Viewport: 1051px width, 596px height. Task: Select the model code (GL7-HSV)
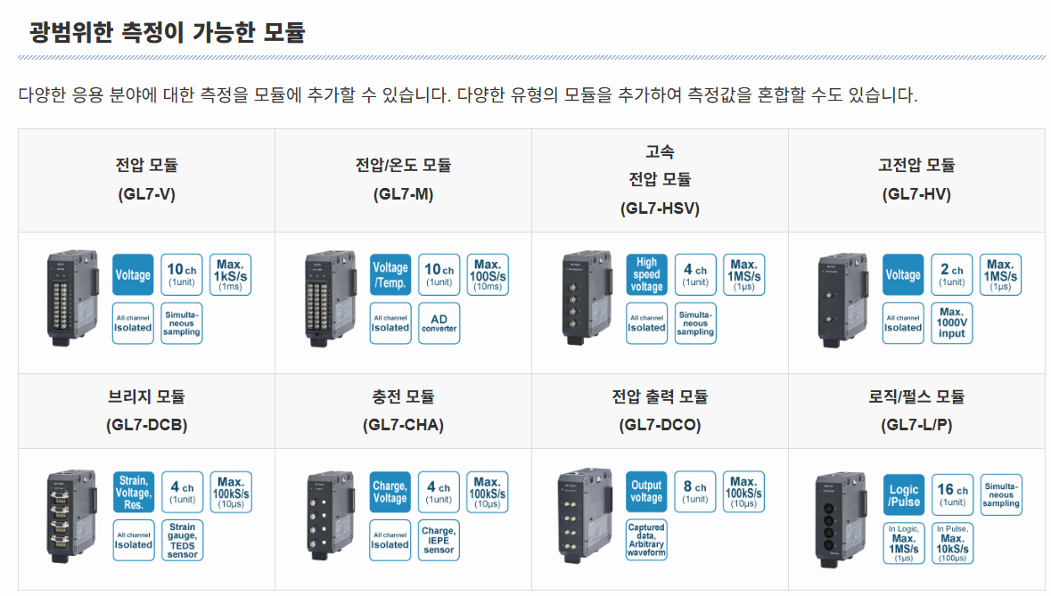pyautogui.click(x=660, y=208)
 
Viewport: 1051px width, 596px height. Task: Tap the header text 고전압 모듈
pyautogui.click(x=916, y=165)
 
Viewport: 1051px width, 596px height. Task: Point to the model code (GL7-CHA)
pyautogui.click(x=403, y=425)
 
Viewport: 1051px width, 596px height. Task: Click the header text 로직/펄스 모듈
pyautogui.click(x=916, y=396)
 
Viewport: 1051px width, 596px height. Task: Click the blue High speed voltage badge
pyautogui.click(x=646, y=274)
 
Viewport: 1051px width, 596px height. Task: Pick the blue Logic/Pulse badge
pyautogui.click(x=904, y=496)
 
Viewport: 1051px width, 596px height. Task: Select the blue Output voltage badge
pyautogui.click(x=646, y=492)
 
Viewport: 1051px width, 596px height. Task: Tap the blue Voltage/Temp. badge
pyautogui.click(x=390, y=274)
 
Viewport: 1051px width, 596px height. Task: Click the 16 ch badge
pyautogui.click(x=952, y=495)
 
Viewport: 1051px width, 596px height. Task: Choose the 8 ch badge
pyautogui.click(x=695, y=492)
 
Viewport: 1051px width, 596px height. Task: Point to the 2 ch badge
pyautogui.click(x=952, y=274)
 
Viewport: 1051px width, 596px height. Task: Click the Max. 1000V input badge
pyautogui.click(x=952, y=322)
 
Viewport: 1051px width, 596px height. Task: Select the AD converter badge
pyautogui.click(x=439, y=322)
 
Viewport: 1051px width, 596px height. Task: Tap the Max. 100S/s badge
pyautogui.click(x=488, y=274)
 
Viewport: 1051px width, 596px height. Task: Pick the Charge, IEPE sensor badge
pyautogui.click(x=439, y=540)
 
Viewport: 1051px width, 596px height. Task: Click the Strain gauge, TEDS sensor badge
pyautogui.click(x=182, y=540)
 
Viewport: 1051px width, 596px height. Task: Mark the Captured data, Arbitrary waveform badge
pyautogui.click(x=646, y=540)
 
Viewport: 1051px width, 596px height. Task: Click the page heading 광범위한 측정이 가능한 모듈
pyautogui.click(x=168, y=33)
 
